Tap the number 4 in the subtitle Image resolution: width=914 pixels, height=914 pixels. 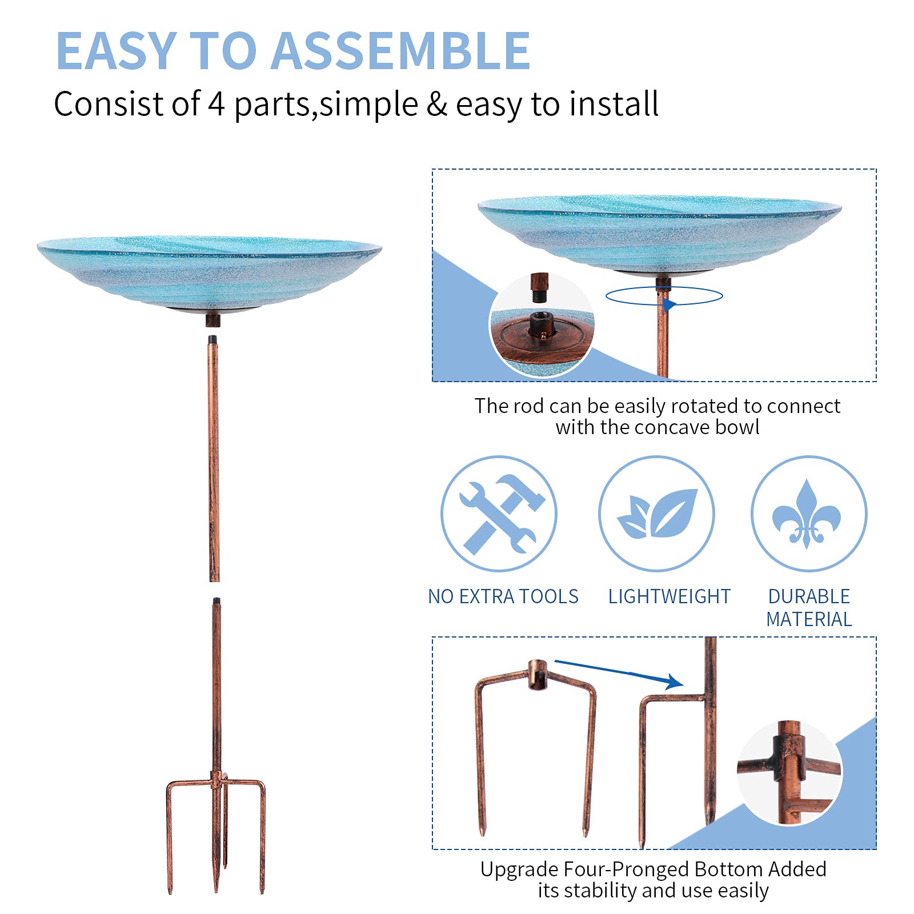click(216, 103)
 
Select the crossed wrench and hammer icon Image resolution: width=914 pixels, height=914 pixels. click(499, 514)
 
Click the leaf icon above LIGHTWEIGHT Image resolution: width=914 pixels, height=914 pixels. click(657, 514)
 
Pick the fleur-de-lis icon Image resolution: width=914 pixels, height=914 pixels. click(807, 514)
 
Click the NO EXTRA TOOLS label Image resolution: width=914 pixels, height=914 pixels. click(503, 596)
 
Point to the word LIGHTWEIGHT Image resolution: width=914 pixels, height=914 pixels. click(669, 596)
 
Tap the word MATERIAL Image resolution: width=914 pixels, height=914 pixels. click(809, 619)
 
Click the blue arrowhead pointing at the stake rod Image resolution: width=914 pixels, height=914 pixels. click(675, 681)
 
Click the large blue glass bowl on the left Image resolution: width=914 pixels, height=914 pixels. click(209, 271)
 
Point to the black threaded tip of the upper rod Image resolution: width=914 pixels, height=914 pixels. click(213, 339)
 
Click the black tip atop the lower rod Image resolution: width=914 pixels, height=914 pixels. click(216, 601)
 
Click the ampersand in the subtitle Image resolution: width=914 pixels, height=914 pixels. click(437, 104)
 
